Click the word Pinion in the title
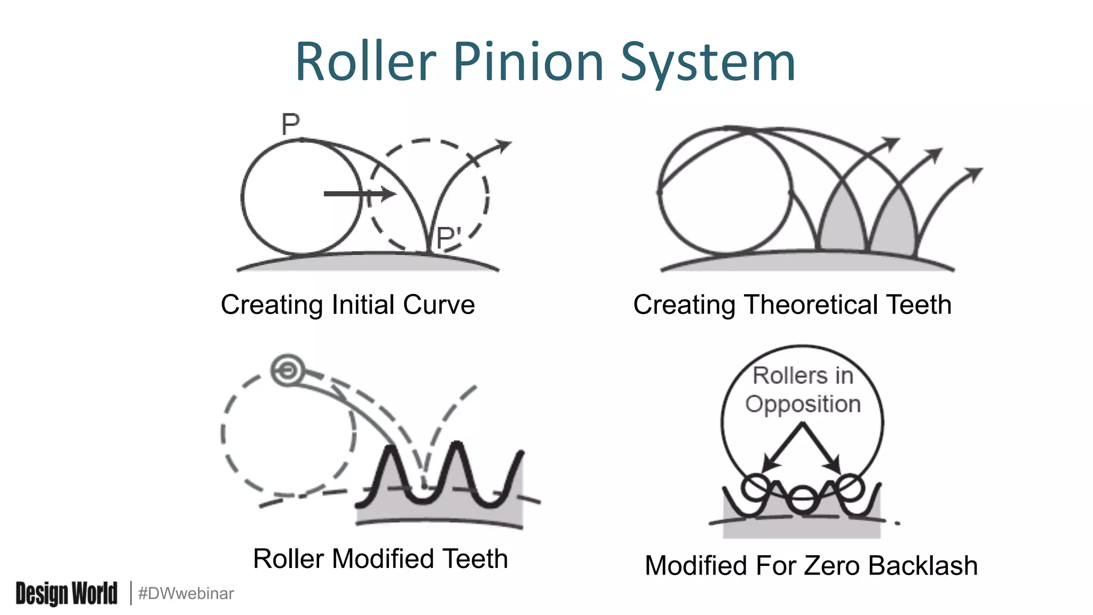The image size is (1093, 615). tap(528, 62)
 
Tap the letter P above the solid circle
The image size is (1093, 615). tap(290, 125)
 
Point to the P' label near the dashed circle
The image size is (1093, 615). tap(448, 238)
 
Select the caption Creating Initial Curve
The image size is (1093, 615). tap(347, 305)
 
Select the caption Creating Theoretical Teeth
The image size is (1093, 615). tap(792, 305)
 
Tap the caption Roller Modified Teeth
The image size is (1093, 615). tap(380, 559)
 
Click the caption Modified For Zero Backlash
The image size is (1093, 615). tap(811, 566)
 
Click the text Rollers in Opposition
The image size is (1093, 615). tap(803, 390)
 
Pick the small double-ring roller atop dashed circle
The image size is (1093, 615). tap(288, 370)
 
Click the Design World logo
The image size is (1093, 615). tap(66, 593)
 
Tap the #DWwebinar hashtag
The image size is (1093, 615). tap(186, 594)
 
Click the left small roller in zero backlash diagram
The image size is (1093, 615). tap(755, 486)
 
